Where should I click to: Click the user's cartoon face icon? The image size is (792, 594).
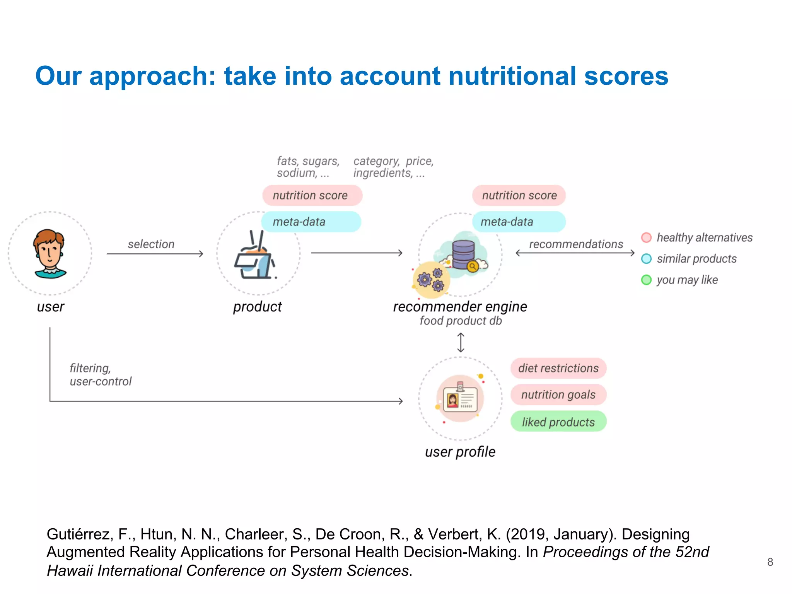(x=49, y=253)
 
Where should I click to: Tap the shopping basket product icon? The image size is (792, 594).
(x=255, y=257)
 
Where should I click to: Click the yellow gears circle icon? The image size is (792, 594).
(x=431, y=280)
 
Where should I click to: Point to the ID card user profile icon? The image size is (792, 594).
(x=460, y=398)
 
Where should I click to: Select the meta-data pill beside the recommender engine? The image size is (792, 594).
(x=519, y=222)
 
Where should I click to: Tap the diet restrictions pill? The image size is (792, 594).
(x=558, y=368)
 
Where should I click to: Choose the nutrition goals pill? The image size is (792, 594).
(x=558, y=394)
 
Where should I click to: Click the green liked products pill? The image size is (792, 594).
(x=558, y=422)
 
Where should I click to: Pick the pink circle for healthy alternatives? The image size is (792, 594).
(x=646, y=237)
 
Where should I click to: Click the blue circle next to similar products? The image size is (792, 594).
(x=646, y=259)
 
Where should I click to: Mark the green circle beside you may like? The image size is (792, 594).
(x=646, y=280)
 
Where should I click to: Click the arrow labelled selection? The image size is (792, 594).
(x=155, y=254)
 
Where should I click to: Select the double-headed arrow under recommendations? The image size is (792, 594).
(x=575, y=253)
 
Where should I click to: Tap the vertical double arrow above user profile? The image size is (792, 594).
(x=460, y=342)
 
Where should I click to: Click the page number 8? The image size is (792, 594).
(x=770, y=562)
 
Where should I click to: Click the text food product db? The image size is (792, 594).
(x=461, y=321)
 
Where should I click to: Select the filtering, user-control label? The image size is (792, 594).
(x=100, y=374)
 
